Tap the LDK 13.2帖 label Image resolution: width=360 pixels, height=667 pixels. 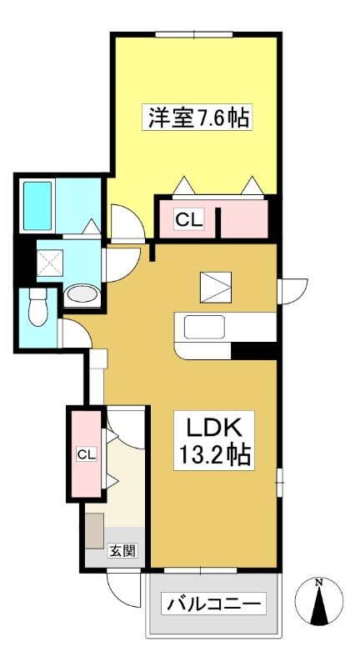click(214, 440)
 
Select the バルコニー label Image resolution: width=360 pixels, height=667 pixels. click(214, 603)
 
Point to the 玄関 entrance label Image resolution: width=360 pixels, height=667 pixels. click(122, 551)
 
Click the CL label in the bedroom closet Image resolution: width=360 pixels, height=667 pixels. click(189, 220)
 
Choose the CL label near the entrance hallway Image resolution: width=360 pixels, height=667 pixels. click(87, 454)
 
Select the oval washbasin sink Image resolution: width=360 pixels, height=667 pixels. click(82, 293)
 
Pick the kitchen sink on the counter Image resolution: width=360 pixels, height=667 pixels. click(204, 327)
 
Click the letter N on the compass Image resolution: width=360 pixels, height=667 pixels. click(318, 583)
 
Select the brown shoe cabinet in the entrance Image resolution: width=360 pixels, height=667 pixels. click(94, 530)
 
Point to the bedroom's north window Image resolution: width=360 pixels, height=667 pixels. click(194, 34)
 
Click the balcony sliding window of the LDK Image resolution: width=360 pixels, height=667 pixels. click(200, 570)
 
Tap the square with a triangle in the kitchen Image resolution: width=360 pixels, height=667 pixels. click(216, 287)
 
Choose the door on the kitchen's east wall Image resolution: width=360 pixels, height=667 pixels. click(292, 291)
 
